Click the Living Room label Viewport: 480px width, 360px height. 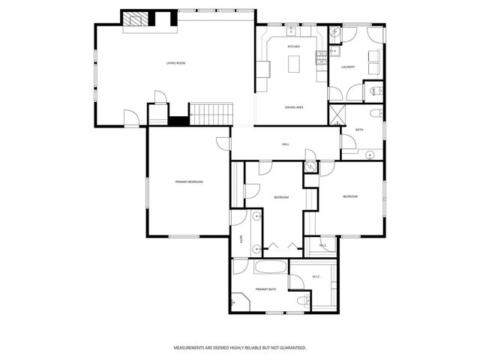tap(175, 63)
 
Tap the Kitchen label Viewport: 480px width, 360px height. tap(293, 47)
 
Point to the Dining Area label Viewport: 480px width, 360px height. tap(293, 107)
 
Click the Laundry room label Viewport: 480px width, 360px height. tap(348, 67)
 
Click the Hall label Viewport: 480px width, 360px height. tap(286, 144)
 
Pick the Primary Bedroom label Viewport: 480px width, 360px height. tap(189, 182)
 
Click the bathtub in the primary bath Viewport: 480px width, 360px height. tap(271, 267)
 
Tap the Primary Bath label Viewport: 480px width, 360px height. tap(265, 289)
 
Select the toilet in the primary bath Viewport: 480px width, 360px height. tap(301, 300)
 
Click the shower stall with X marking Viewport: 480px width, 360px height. tap(335, 115)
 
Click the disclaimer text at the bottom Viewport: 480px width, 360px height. tap(239, 348)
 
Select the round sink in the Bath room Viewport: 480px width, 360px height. tap(370, 154)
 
